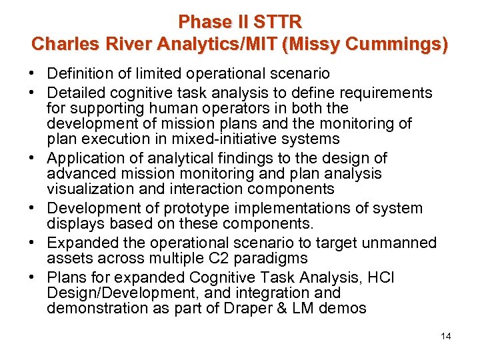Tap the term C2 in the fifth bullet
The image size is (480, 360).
point(219,258)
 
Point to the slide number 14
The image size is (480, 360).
point(446,336)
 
